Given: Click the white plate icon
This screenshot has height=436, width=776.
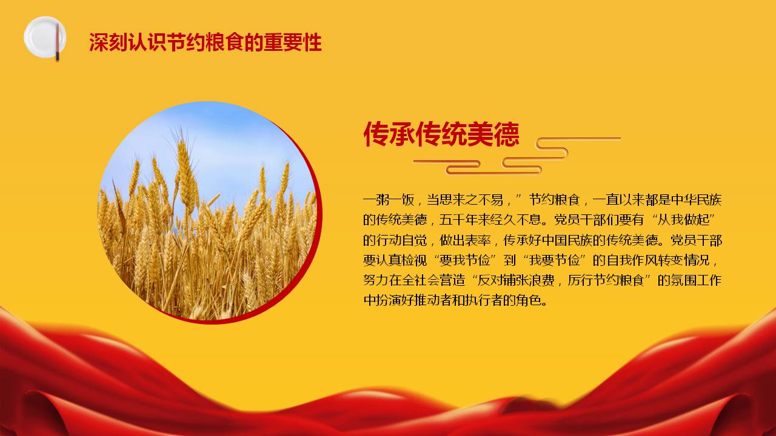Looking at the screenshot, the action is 44,37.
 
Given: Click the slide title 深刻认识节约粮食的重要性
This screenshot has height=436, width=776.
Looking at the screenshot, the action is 206,42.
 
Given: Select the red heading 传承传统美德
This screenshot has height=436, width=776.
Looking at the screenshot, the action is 441,134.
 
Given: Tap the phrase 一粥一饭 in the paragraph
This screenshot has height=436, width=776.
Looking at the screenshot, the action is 389,200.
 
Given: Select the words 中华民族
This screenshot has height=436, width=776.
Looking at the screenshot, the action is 697,200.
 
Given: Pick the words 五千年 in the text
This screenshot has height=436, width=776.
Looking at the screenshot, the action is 458,220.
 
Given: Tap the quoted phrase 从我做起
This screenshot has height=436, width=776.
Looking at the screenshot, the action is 684,220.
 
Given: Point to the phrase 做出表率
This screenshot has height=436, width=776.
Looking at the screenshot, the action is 464,240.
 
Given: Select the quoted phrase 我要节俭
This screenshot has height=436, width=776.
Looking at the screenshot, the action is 554,260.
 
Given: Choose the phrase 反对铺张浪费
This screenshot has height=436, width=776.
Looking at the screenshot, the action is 516,280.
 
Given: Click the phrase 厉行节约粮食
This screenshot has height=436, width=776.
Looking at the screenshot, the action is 605,280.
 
